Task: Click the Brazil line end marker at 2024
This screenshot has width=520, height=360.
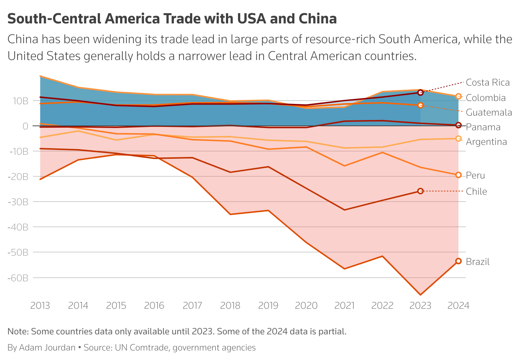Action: tap(458, 261)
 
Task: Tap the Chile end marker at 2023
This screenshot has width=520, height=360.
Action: tap(420, 191)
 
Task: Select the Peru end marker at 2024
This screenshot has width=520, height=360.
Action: tap(458, 175)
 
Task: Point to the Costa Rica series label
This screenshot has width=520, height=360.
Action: tap(487, 83)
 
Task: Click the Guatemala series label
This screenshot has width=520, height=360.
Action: tap(489, 112)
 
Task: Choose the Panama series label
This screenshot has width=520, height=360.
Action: tap(483, 127)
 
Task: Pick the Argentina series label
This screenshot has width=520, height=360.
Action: tap(486, 142)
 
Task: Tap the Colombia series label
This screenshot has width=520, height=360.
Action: tap(486, 98)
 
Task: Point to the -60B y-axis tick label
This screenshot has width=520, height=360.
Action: tap(18, 278)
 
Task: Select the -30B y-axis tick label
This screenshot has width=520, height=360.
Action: tap(18, 202)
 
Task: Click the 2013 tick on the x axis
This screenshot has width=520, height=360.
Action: tap(40, 305)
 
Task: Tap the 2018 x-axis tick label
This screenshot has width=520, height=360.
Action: tap(230, 305)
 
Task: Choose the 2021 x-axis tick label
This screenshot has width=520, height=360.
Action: tap(344, 305)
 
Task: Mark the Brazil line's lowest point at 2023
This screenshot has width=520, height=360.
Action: tap(420, 295)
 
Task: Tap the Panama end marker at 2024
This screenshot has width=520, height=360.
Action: tap(458, 125)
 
